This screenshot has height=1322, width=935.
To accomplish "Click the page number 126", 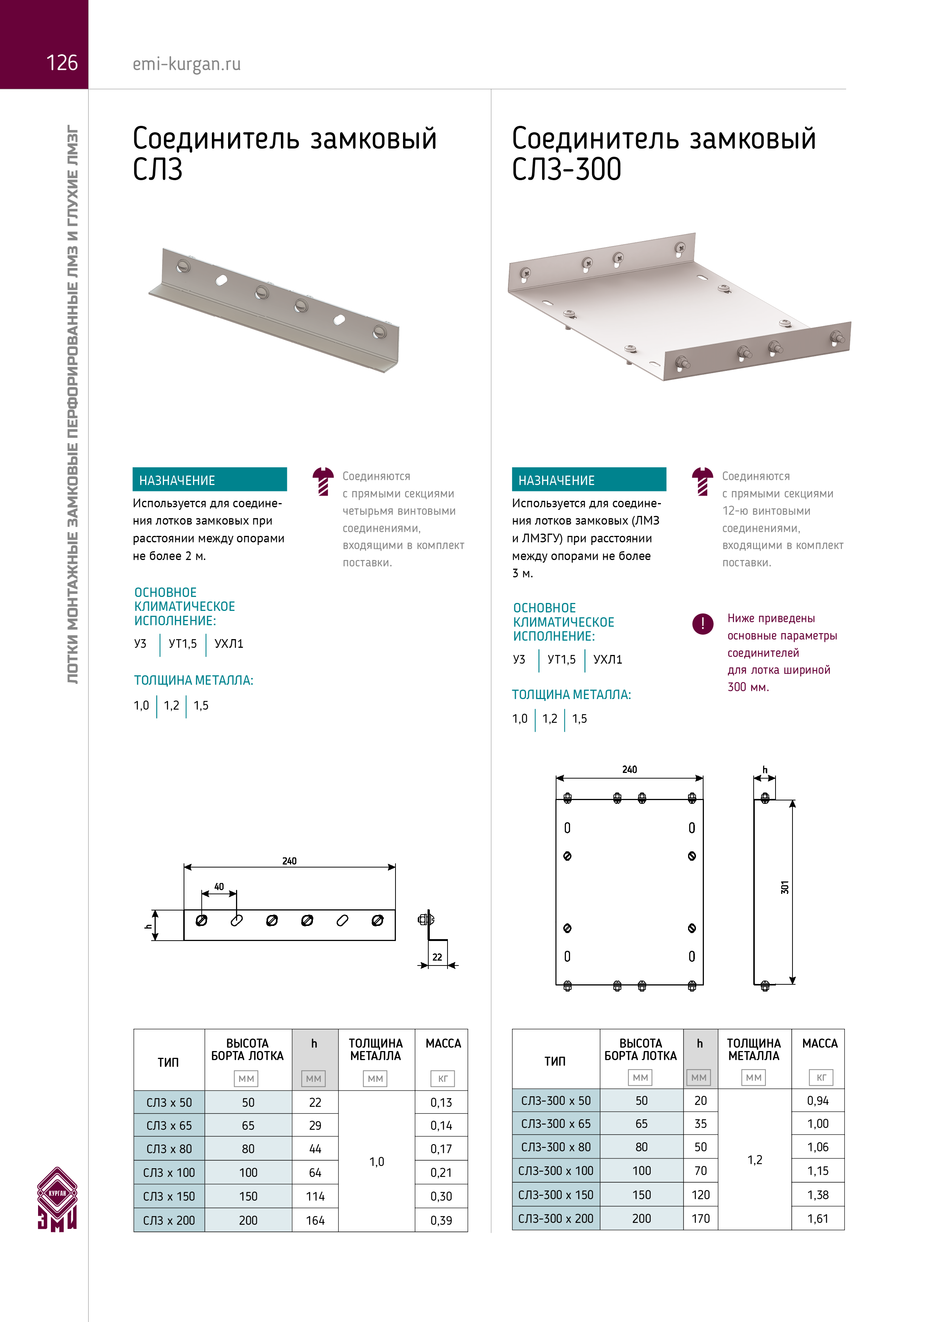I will coord(61,63).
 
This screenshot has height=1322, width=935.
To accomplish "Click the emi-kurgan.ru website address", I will coord(187,64).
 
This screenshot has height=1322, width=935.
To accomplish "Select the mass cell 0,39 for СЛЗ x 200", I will coord(441,1220).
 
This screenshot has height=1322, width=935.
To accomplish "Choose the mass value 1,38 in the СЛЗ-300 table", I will coord(817,1195).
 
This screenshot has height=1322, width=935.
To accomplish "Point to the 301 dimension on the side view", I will coord(785,887).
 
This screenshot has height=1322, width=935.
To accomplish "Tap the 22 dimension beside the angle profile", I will coord(437,957).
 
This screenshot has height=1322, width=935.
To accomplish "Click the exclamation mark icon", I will coord(702,623).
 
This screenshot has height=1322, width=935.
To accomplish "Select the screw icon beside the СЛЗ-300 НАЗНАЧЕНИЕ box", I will coord(702,481).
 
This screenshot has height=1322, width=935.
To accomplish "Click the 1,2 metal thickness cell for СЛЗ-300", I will coord(755,1160).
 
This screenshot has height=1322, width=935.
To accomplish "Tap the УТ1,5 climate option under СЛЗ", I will coord(182,644).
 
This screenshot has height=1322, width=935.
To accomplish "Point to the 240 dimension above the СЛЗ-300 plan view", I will coord(629,769).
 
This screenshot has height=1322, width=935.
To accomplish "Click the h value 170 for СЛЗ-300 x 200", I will coord(700,1218).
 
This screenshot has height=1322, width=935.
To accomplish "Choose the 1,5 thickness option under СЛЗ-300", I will coord(579,719).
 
